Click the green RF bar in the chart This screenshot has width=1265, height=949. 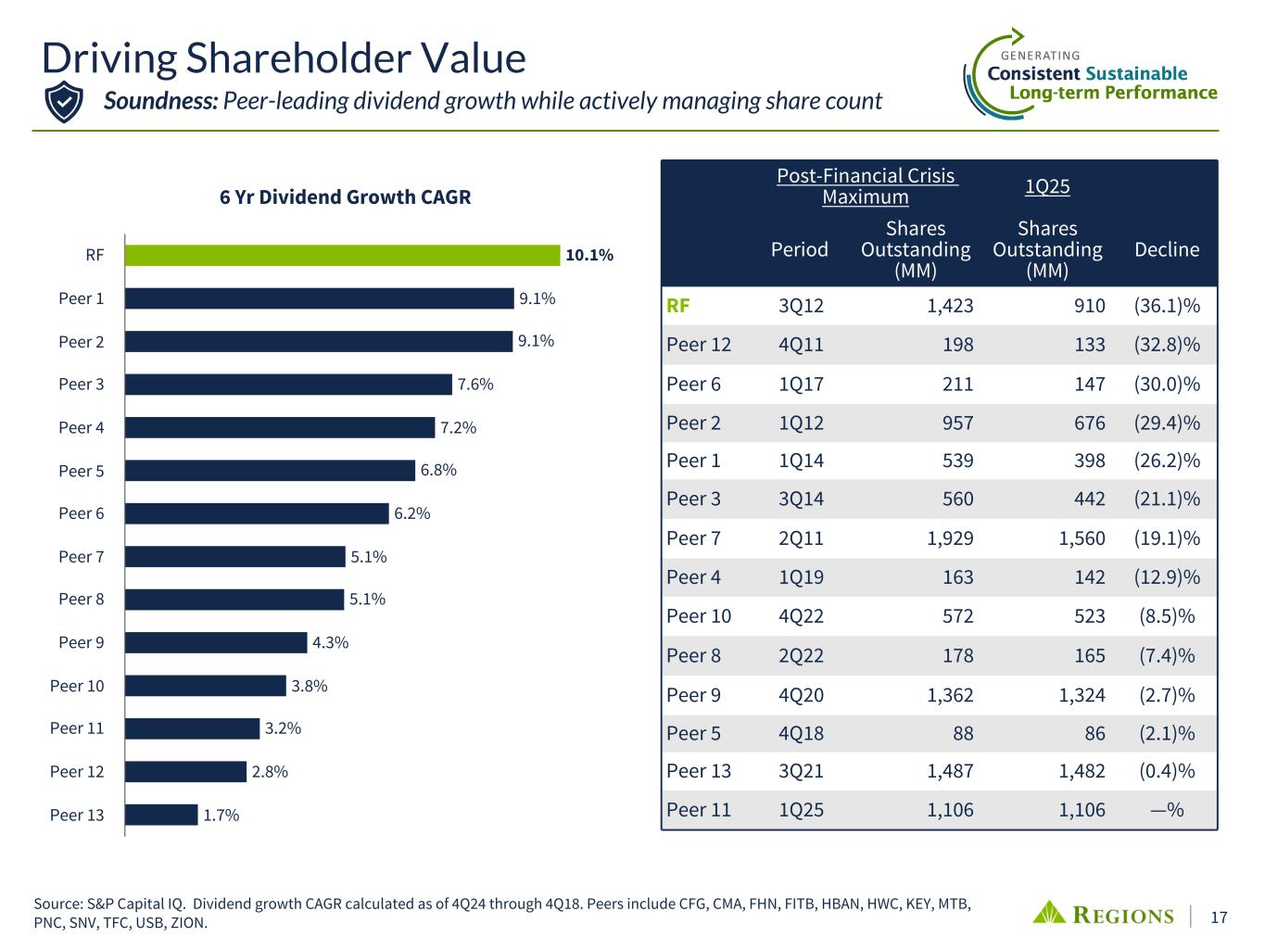342,255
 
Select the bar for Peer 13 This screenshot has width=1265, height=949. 161,815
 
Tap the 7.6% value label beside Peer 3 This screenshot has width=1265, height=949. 475,385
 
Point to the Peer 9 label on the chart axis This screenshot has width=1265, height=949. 82,642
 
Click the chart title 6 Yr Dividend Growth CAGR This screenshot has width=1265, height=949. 345,197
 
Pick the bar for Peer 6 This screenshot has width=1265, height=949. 257,513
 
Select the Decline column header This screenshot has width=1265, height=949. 1166,249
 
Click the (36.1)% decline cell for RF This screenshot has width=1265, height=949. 1166,306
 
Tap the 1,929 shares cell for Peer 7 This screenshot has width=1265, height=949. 950,538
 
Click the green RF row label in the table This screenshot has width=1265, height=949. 678,306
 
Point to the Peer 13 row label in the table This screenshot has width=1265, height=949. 699,771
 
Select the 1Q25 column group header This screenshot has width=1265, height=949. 1047,186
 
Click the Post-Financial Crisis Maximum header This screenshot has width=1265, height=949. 866,186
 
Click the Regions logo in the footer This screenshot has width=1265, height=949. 1103,915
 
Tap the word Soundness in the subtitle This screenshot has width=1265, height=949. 159,100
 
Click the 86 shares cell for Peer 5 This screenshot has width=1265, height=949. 1094,733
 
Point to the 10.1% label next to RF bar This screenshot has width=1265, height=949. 589,256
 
